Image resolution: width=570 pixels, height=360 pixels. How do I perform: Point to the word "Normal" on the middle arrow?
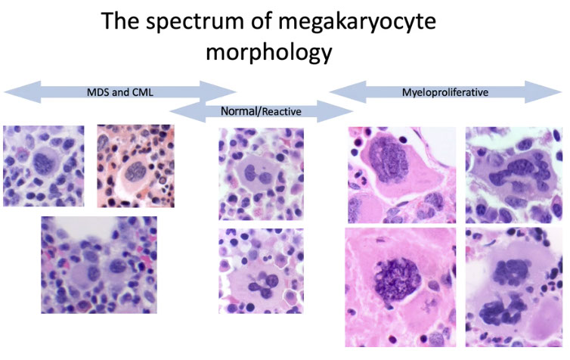[x=240, y=111]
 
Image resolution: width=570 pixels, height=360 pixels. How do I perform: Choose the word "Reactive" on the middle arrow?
[x=280, y=112]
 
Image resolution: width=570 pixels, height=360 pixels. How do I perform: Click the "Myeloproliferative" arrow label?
[x=443, y=93]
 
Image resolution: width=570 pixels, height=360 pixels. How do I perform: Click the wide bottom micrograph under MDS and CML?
[x=99, y=264]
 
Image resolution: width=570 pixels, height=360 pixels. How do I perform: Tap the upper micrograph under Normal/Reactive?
[x=261, y=174]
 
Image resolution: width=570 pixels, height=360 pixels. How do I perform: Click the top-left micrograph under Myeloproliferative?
[x=401, y=175]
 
